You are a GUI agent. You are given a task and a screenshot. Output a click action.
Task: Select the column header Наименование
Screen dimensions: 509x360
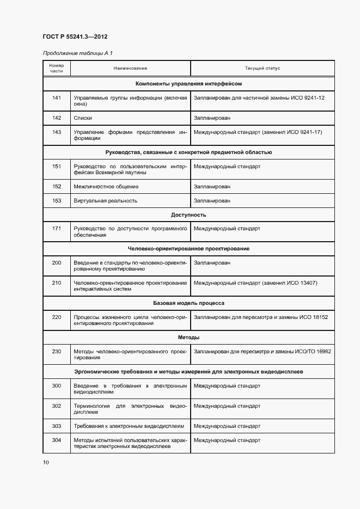tap(130, 69)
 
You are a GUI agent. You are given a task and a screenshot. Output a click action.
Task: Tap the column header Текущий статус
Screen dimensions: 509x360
tap(262, 69)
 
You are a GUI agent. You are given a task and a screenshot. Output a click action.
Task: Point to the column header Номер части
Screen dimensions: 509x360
tap(57, 69)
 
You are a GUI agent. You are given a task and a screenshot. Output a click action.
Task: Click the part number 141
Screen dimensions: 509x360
tap(57, 97)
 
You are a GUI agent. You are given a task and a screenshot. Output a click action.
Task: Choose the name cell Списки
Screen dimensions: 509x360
tap(83, 118)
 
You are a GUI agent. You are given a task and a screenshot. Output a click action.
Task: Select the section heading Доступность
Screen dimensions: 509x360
tap(188, 215)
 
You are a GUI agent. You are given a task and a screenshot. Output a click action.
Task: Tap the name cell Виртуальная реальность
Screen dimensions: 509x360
tap(106, 201)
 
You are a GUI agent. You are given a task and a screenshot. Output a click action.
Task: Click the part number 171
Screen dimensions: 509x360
tap(57, 229)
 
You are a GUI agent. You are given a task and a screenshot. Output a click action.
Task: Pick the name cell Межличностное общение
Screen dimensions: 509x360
tap(106, 187)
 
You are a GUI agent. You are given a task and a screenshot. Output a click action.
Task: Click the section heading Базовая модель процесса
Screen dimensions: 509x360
tap(188, 303)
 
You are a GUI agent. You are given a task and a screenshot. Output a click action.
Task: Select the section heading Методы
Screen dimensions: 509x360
tap(188, 338)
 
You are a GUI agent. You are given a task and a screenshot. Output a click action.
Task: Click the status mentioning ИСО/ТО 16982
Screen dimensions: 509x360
tap(262, 351)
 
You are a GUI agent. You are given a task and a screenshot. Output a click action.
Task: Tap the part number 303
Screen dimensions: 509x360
tap(57, 426)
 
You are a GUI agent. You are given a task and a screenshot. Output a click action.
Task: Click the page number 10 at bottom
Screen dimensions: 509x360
tap(46, 463)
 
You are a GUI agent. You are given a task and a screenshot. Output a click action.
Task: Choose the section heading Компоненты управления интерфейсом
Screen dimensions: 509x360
tap(188, 84)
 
